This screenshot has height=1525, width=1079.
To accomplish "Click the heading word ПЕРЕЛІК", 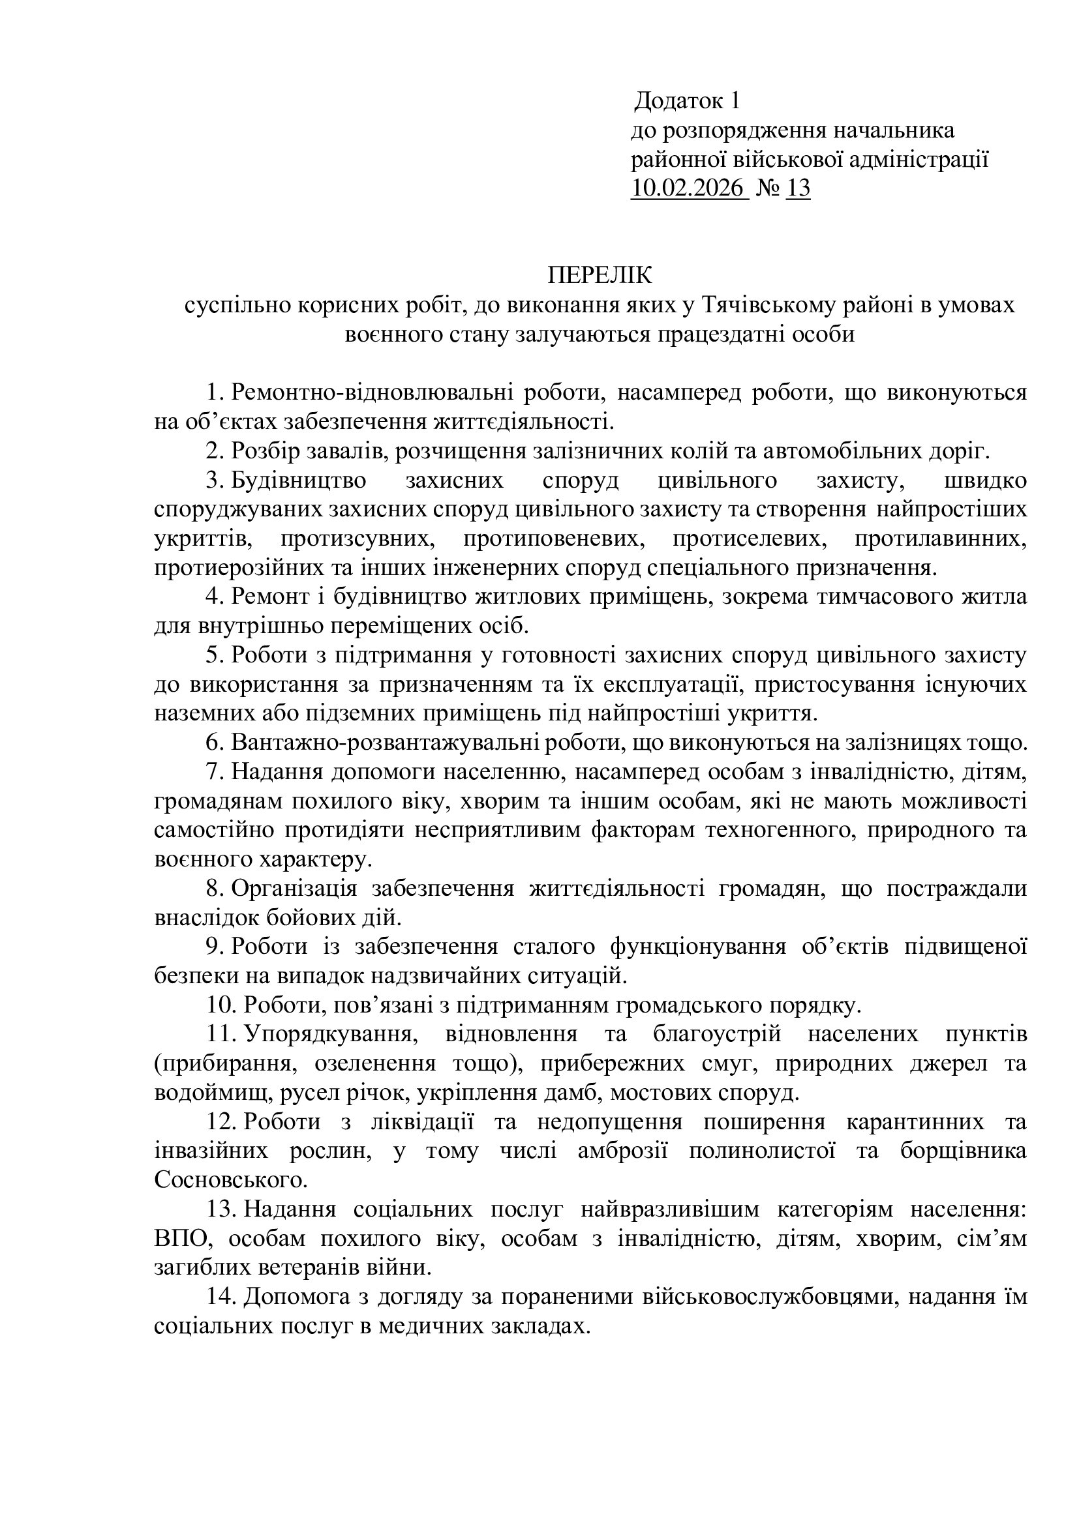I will (600, 275).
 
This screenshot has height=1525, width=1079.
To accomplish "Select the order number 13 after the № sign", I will (798, 188).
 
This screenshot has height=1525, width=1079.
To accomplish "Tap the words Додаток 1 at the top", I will (687, 101).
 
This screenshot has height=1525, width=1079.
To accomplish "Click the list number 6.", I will (213, 742).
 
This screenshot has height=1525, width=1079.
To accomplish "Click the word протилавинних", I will (940, 539).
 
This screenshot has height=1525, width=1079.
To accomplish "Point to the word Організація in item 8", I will (294, 888).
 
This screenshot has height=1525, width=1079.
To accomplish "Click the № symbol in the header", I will (767, 188).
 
